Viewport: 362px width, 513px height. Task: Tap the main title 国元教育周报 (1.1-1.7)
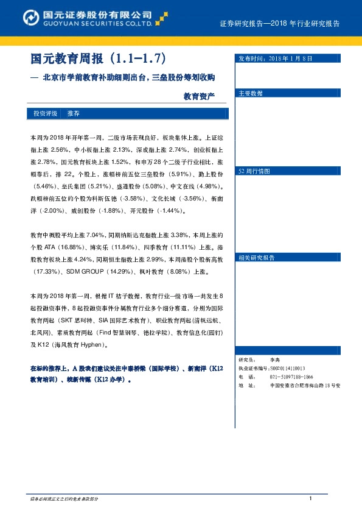tap(98, 59)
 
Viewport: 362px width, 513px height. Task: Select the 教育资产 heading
tap(199, 96)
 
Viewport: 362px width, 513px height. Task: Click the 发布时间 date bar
tap(274, 58)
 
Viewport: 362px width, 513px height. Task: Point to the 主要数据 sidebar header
tap(251, 93)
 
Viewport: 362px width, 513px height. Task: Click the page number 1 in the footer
tap(310, 499)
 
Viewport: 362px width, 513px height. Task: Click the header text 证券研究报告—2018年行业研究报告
tap(279, 24)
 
